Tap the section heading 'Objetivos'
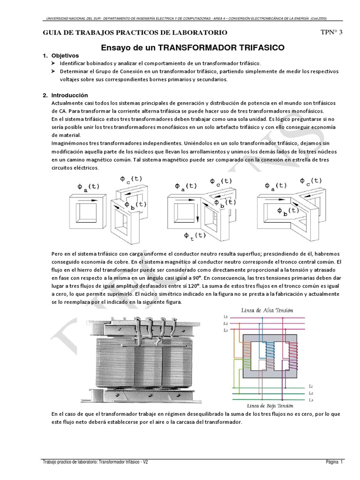[x=68, y=55]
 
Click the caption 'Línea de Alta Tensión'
[x=267, y=310]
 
